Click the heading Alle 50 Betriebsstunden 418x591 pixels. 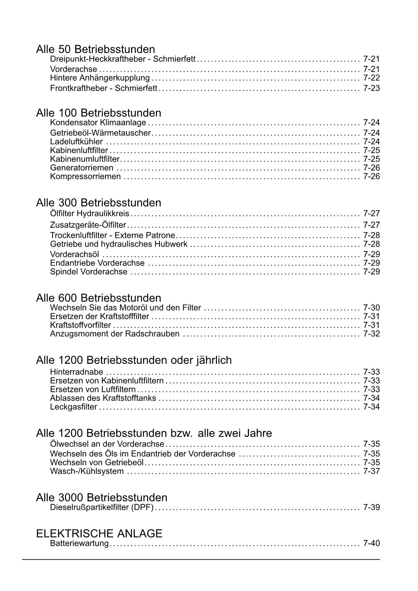(95, 49)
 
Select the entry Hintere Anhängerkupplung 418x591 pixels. (100, 78)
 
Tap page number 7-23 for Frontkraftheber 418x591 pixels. (371, 88)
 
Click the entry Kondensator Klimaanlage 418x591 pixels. (98, 122)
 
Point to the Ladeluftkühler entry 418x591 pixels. (76, 142)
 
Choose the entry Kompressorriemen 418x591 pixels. (85, 177)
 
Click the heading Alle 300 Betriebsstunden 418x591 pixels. (98, 203)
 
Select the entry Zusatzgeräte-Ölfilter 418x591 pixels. (88, 225)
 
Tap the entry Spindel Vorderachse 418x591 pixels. (89, 272)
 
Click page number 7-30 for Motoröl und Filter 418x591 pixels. (371, 308)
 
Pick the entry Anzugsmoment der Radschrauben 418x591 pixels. (115, 334)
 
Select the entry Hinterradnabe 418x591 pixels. (76, 372)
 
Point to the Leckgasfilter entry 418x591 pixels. (73, 407)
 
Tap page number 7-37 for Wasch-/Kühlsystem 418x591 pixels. (371, 471)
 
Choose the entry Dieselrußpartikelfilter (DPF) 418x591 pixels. (102, 507)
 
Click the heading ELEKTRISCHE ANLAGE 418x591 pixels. (99, 533)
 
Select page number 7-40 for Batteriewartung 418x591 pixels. (371, 543)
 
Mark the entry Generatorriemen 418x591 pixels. (82, 168)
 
